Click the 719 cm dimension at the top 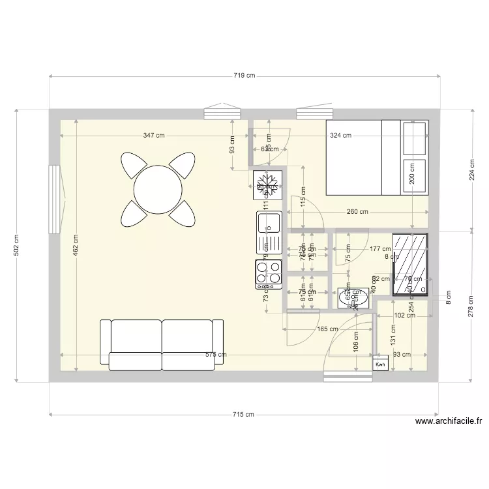coord(244,76)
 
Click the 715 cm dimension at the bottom coord(244,415)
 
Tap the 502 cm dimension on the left coord(16,245)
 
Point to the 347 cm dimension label coord(154,136)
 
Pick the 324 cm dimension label coord(340,136)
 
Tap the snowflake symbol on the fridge coord(268,184)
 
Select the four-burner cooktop coord(268,274)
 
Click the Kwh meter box coord(380,366)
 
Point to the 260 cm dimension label coord(357,211)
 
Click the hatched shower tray coord(410,264)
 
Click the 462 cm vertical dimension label coord(77,245)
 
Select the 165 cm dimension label coord(327,329)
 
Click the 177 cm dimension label coord(379,248)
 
